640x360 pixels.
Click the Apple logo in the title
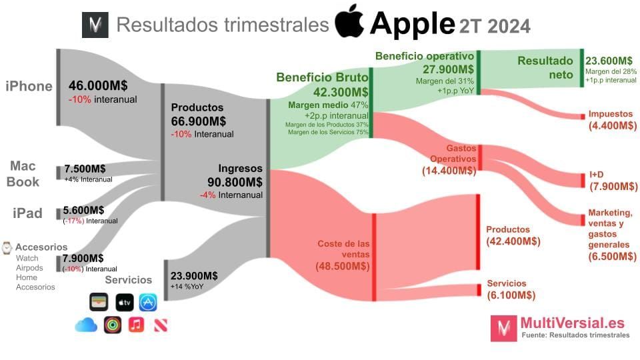[349, 23]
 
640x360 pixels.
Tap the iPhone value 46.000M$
[98, 86]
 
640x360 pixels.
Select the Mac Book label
[23, 173]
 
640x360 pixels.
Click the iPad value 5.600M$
[83, 209]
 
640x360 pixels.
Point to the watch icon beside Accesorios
[7, 247]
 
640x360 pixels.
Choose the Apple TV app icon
[125, 302]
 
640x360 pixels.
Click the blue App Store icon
[148, 302]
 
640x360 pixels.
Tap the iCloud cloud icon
[86, 325]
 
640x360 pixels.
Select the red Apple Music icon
[136, 325]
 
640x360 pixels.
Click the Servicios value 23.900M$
[194, 275]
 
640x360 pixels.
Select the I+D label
[595, 175]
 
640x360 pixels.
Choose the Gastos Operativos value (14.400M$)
[449, 171]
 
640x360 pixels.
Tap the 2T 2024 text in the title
[494, 26]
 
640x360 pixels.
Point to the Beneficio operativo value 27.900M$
[449, 69]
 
